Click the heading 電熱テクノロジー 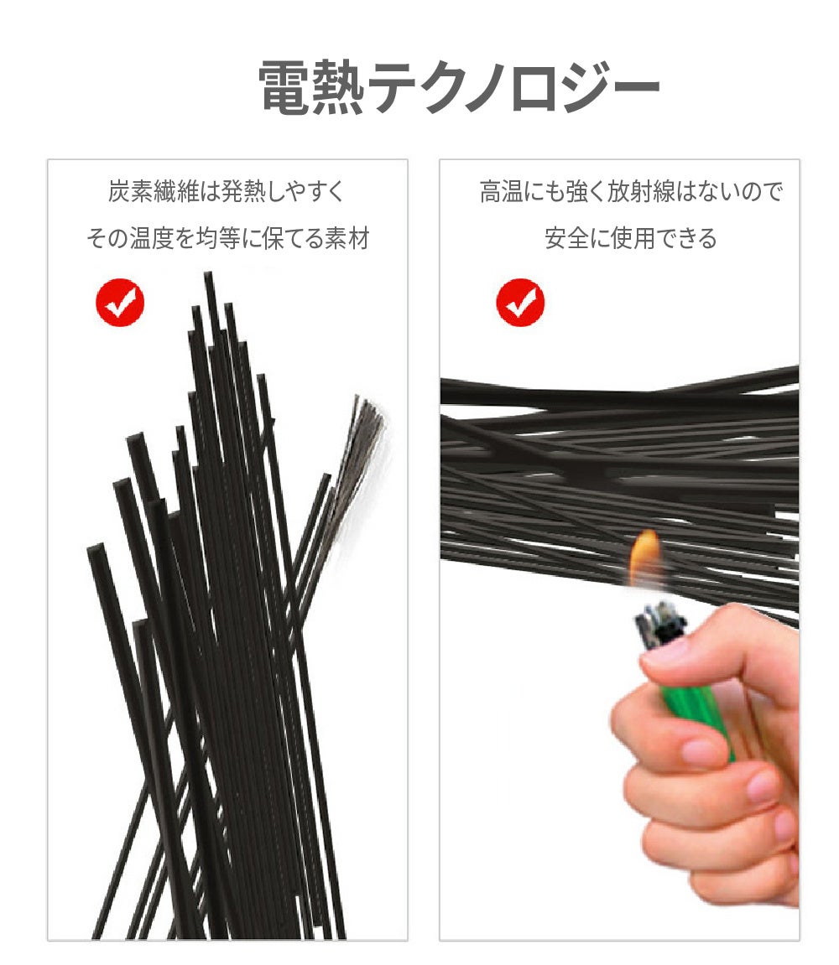pos(459,87)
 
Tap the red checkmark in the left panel pos(120,302)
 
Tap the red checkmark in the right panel pos(520,302)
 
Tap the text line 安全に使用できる pos(631,238)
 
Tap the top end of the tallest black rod pos(208,273)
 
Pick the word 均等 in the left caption pos(218,238)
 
